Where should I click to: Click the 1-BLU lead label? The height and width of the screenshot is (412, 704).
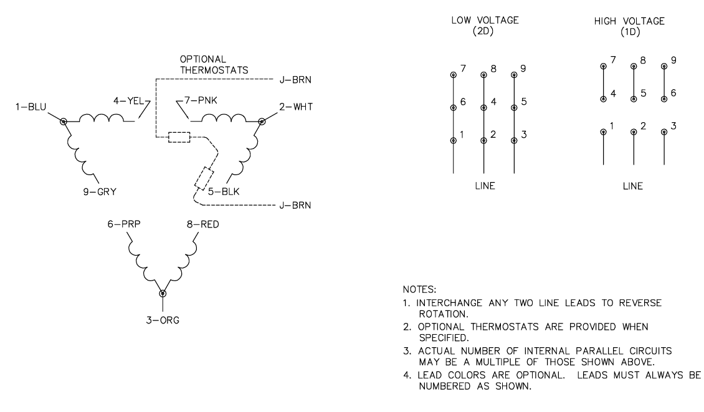click(30, 108)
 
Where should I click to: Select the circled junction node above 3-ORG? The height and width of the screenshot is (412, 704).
click(163, 293)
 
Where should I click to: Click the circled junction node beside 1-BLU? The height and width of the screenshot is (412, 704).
click(63, 120)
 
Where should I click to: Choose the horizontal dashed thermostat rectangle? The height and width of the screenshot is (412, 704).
click(179, 138)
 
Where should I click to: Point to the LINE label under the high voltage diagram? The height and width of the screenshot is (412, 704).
click(634, 186)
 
